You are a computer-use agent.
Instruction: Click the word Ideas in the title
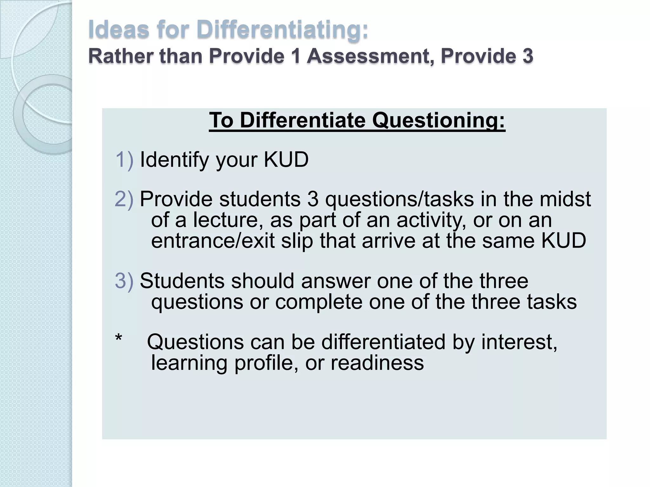point(119,29)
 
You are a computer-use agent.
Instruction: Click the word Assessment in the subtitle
point(370,56)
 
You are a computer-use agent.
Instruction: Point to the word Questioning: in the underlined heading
point(438,120)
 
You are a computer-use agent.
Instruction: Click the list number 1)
point(124,159)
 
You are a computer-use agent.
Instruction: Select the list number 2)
point(124,199)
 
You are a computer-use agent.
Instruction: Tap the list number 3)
point(124,281)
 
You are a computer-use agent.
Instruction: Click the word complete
point(318,302)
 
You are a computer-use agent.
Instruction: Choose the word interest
point(519,342)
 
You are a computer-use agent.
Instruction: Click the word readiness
point(377,363)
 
